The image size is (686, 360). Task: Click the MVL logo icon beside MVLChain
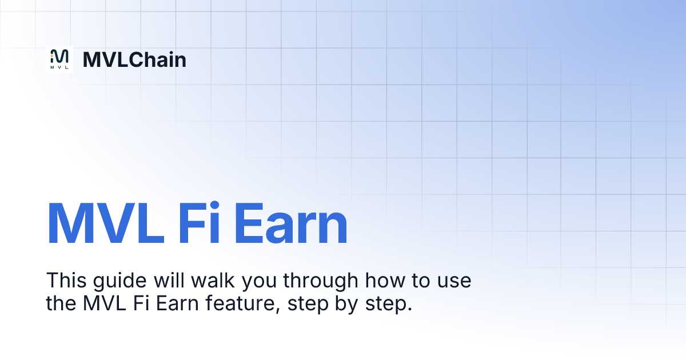(x=59, y=59)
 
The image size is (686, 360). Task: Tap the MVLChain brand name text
(x=134, y=59)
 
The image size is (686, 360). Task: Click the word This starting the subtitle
(x=65, y=281)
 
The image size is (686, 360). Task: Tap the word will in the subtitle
(x=167, y=281)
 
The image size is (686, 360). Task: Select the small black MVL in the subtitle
(x=103, y=303)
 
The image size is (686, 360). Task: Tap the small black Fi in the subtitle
(x=142, y=303)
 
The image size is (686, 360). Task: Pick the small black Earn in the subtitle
(x=176, y=303)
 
